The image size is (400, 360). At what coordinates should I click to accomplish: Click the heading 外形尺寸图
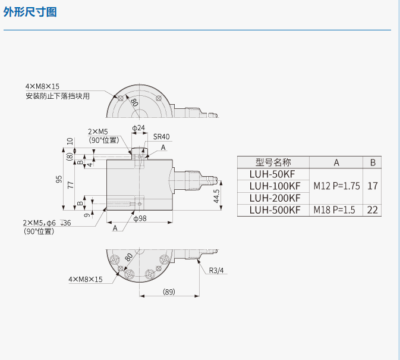click(30, 12)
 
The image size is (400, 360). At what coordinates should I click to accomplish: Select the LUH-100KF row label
click(274, 186)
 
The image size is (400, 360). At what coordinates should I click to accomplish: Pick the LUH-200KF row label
click(274, 198)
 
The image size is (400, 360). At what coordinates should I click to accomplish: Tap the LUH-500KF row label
click(274, 209)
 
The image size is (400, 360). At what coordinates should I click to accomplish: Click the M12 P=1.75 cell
click(336, 186)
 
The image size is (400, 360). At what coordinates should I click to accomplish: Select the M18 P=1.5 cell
click(336, 209)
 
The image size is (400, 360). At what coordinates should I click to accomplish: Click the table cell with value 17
click(373, 186)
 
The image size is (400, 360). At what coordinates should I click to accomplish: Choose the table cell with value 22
click(373, 209)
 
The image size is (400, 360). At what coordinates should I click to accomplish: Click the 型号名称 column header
click(273, 162)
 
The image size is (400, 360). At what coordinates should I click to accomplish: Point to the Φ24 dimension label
click(137, 129)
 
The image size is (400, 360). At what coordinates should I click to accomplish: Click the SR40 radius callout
click(161, 137)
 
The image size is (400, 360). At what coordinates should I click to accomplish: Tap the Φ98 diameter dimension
click(140, 219)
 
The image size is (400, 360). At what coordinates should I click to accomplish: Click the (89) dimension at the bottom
click(169, 292)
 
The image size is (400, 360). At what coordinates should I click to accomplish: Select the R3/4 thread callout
click(216, 271)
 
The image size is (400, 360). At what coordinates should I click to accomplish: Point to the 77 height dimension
click(71, 184)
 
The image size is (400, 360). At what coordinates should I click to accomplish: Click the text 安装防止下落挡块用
click(57, 96)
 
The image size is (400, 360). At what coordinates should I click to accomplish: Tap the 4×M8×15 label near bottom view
click(86, 279)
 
